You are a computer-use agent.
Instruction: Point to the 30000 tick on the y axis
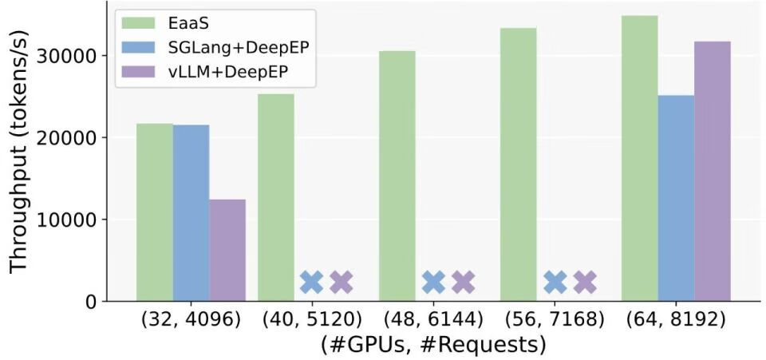[74, 56]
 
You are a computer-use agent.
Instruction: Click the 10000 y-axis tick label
[74, 220]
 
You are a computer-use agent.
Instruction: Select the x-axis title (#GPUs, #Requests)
[433, 344]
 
